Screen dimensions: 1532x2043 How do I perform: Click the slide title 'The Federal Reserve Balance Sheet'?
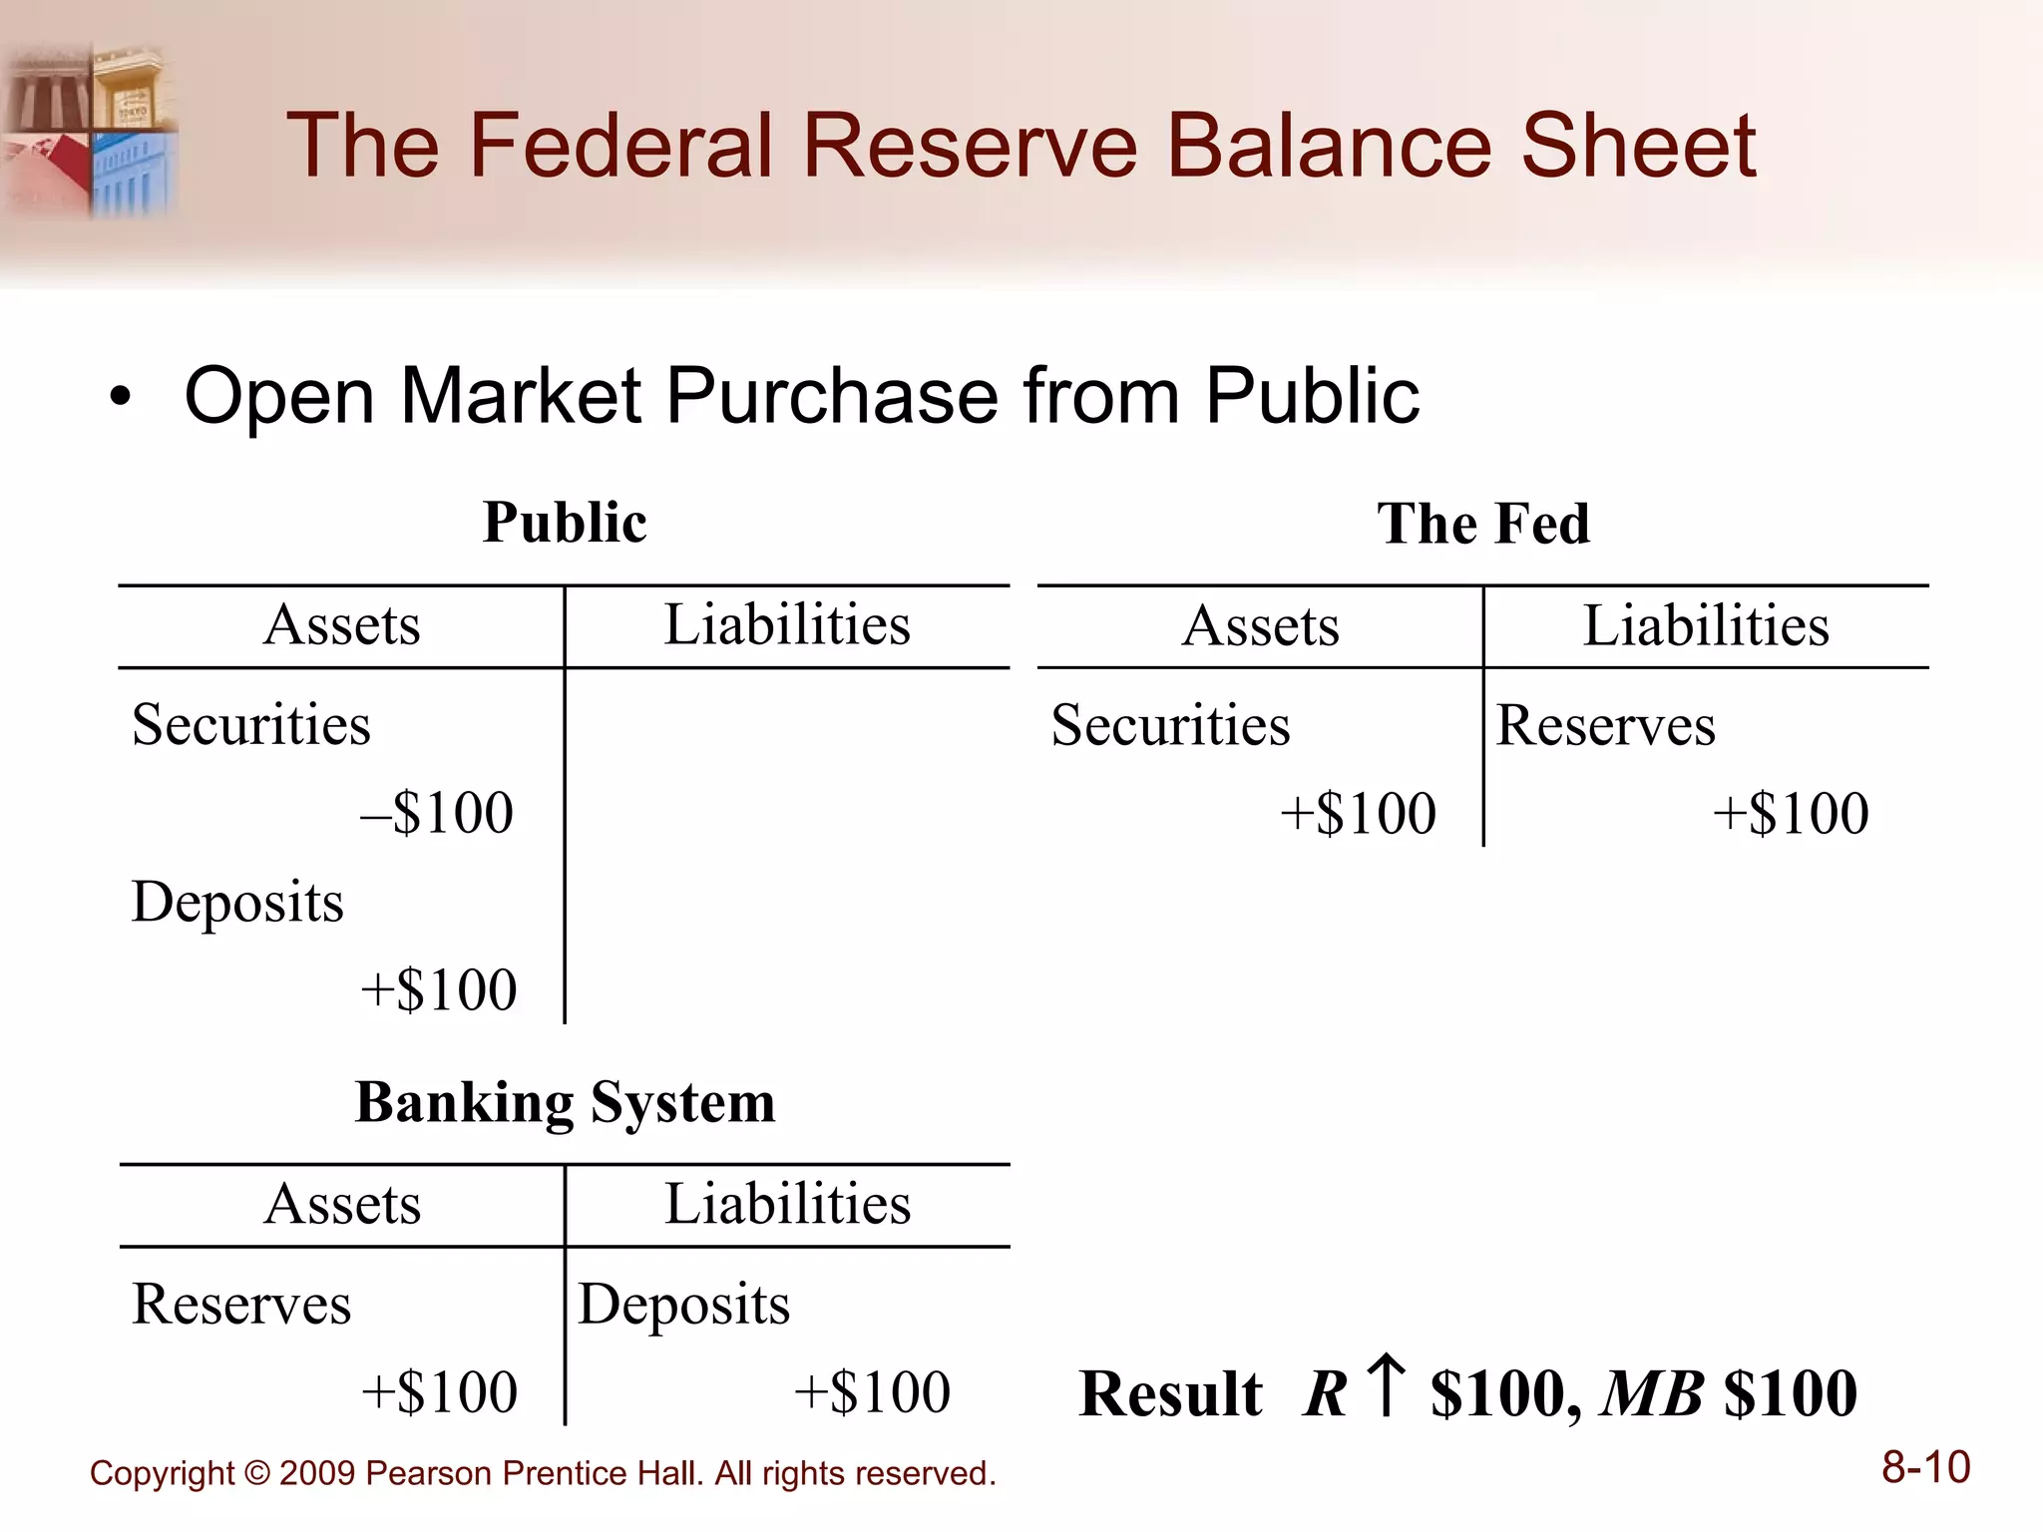point(1021,147)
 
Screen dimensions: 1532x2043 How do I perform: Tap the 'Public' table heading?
point(565,523)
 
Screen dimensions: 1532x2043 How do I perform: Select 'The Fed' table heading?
point(1483,524)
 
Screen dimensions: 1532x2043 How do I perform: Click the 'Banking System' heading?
point(565,1103)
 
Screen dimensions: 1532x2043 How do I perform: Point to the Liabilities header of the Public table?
point(787,625)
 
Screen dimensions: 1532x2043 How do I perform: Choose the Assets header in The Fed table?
point(1260,626)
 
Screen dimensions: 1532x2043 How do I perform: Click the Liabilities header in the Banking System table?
point(787,1204)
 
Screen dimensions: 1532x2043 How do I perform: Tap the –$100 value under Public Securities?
point(437,812)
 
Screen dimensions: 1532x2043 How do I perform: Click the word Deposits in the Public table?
point(237,902)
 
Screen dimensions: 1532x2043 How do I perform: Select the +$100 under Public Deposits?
point(438,989)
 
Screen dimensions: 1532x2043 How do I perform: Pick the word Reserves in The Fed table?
point(1605,725)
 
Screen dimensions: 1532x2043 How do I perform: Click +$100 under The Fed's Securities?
point(1358,813)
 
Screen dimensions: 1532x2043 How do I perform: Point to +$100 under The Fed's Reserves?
point(1791,813)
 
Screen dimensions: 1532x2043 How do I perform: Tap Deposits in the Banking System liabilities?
point(684,1304)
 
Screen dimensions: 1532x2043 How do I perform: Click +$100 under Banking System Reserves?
point(439,1392)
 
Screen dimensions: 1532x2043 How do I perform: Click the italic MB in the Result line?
point(1652,1393)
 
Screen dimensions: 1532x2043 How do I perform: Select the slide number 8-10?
point(1925,1468)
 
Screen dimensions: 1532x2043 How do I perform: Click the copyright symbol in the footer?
point(257,1474)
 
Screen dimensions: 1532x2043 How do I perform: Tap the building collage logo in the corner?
point(90,130)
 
